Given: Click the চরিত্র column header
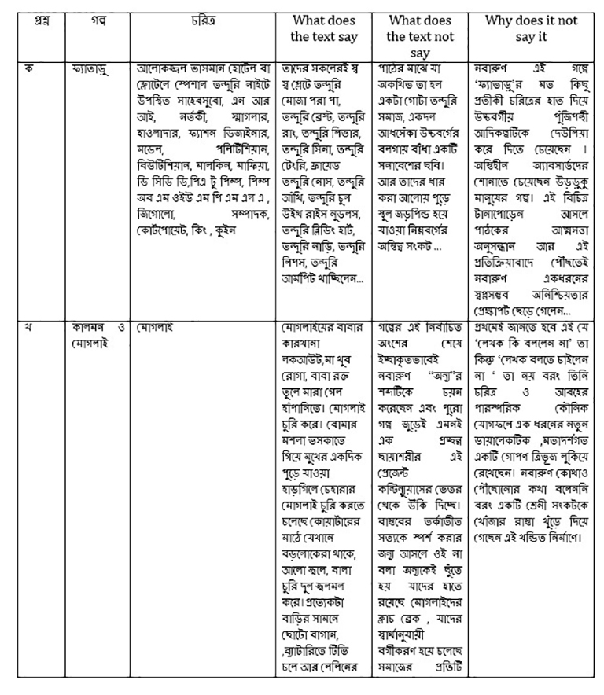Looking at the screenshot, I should tap(201, 20).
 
